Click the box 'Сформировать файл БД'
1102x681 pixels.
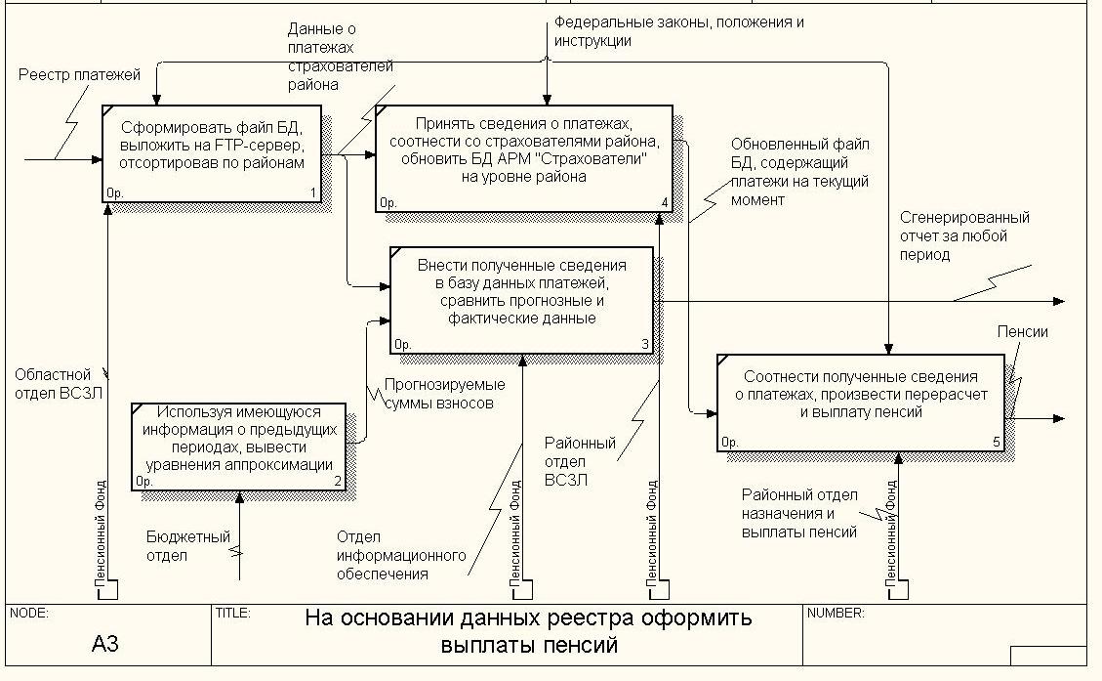(x=212, y=154)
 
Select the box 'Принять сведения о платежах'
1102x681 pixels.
(x=523, y=159)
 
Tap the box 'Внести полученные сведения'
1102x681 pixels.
(x=521, y=300)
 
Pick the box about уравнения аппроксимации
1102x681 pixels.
(x=238, y=447)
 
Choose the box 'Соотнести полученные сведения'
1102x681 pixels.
(x=860, y=403)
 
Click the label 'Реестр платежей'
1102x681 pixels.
(x=79, y=74)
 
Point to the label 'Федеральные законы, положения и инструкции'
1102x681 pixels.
(x=679, y=31)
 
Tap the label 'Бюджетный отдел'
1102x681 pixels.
(x=187, y=546)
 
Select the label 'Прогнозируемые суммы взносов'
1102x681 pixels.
(x=444, y=394)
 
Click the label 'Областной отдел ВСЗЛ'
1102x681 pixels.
(x=59, y=384)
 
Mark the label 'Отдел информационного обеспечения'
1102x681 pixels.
(x=400, y=555)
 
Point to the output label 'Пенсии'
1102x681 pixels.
(x=1023, y=332)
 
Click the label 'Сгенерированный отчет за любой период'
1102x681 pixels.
(x=964, y=235)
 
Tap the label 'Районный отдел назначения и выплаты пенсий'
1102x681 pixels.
(x=799, y=514)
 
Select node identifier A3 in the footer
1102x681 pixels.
(x=105, y=643)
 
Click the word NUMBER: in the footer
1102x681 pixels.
(x=836, y=613)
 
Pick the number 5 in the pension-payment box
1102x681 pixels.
(x=997, y=442)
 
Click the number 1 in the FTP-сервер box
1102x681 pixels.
(x=313, y=192)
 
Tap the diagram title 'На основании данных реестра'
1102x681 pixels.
(x=528, y=631)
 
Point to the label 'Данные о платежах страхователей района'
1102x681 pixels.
(x=340, y=57)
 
